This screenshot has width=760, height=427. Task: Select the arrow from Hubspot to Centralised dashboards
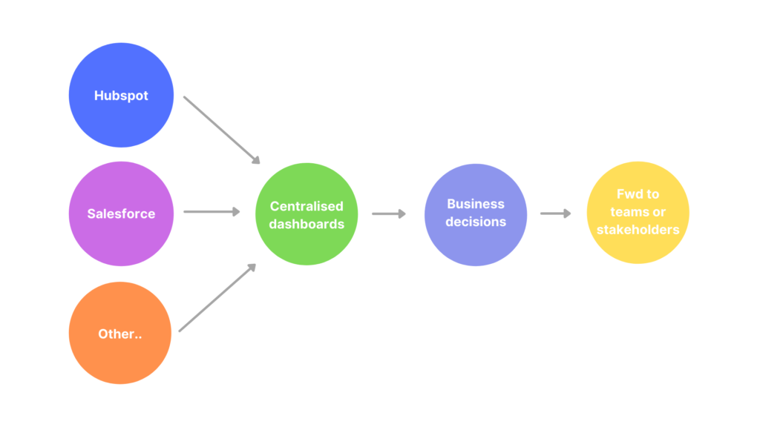[221, 129]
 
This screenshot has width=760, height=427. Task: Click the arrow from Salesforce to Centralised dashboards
[212, 212]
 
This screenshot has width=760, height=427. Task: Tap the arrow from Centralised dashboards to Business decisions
[389, 213]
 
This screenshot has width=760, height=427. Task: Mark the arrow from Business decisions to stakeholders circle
[556, 213]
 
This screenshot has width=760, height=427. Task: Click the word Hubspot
[121, 96]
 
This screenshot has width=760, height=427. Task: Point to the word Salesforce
[121, 213]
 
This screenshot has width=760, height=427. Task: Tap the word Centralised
[307, 206]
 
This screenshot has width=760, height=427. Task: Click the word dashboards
[307, 223]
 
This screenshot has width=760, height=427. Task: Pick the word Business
[476, 204]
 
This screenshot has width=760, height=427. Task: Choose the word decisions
[476, 221]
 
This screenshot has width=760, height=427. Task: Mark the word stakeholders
[638, 229]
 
